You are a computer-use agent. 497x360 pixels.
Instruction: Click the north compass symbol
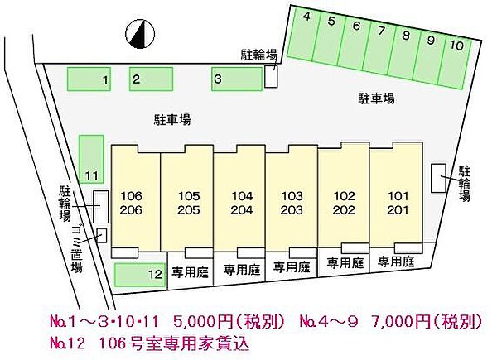point(142,34)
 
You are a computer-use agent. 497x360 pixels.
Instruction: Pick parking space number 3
point(236,79)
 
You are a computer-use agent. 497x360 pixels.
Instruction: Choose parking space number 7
point(380,46)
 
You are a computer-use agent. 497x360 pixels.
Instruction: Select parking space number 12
point(139,274)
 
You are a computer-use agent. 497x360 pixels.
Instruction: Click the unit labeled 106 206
point(134,203)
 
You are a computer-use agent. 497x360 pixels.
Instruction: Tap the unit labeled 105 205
point(188,203)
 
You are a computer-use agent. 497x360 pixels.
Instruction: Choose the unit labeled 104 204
point(240,203)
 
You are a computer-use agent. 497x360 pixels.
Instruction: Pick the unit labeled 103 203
point(292,203)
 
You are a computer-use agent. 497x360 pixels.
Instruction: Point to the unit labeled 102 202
point(344,203)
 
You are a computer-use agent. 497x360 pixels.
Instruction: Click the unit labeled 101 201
point(396,203)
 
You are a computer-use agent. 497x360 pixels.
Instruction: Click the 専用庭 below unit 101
point(396,262)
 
